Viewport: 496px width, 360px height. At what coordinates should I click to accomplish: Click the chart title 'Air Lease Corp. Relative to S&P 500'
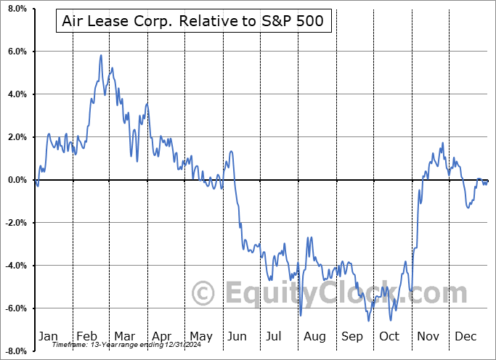click(193, 22)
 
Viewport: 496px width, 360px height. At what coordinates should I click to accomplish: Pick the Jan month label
click(48, 336)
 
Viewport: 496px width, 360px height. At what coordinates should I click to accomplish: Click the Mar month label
click(124, 336)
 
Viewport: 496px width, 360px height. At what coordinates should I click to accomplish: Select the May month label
click(200, 336)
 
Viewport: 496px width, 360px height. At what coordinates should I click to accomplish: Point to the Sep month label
click(352, 336)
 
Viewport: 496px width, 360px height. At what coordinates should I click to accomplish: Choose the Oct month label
click(389, 336)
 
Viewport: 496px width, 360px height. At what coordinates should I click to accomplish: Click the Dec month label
click(465, 336)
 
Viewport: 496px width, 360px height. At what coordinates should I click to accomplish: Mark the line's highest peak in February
click(101, 55)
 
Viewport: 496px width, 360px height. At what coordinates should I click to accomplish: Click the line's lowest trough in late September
click(369, 320)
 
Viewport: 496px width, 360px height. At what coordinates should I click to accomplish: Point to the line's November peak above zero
click(442, 143)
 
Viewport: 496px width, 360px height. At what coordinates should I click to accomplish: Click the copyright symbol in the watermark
click(203, 293)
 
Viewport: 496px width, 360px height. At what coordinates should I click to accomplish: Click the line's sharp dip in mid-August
click(301, 315)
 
